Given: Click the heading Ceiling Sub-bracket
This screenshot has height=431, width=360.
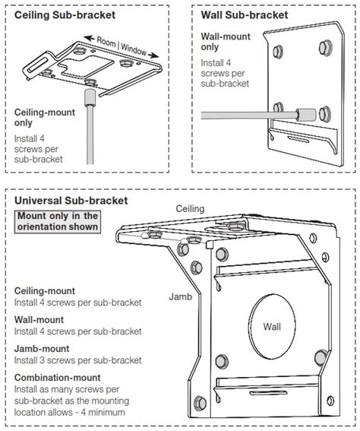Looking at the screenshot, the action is click(65, 15).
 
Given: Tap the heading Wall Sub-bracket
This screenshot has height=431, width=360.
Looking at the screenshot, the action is click(245, 15).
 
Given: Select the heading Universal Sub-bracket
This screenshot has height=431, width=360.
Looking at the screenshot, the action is click(71, 201).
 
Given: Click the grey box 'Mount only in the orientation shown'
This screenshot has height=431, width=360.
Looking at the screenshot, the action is click(58, 221).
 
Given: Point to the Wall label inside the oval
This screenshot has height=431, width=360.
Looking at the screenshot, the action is click(272, 327).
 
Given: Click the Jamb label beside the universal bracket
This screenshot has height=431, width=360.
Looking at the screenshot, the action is click(181, 296).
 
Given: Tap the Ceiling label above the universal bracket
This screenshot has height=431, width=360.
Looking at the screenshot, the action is click(190, 208).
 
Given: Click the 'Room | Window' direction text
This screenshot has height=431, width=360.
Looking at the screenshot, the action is click(122, 46).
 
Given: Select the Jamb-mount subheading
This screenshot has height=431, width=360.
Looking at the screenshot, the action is click(42, 349).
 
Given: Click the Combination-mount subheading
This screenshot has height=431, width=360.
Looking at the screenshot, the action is click(58, 377).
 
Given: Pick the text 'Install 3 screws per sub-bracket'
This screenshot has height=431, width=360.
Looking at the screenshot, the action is click(78, 360).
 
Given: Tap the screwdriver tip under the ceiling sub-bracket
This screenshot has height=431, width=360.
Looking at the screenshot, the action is click(90, 97).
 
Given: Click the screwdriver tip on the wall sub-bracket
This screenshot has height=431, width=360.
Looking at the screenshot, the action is click(306, 115).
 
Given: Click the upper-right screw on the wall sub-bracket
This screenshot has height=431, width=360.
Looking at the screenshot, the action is click(326, 48).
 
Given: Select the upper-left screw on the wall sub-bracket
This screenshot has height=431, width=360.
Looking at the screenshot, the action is click(278, 52).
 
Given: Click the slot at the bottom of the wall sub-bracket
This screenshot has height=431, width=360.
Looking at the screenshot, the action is click(298, 138).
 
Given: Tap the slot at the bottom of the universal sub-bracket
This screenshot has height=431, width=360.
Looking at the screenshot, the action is click(268, 392).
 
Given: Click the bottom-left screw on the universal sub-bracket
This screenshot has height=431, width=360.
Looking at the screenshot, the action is click(200, 403).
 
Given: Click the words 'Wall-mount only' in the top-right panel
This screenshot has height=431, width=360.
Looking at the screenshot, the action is click(226, 42).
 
